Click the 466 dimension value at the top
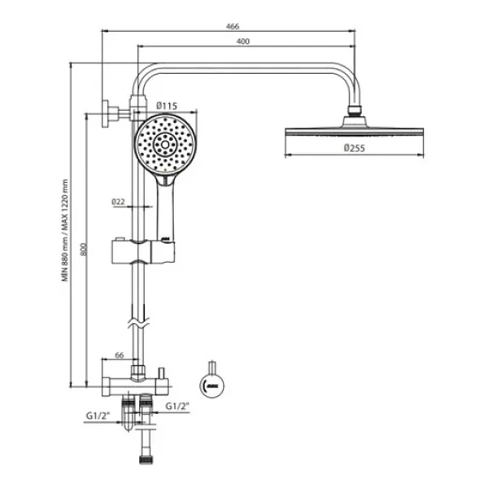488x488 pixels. coord(233,26)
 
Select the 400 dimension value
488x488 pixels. coord(243,41)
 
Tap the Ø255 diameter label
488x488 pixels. coord(354,148)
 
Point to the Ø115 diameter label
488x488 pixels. coord(167,106)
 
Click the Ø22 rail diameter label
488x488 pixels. coord(118,202)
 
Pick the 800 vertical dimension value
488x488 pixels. coord(83,250)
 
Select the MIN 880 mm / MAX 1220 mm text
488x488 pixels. coord(65,230)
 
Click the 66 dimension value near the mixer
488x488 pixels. coord(120,355)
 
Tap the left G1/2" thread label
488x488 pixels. coord(98,416)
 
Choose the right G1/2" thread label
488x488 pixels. coord(177,406)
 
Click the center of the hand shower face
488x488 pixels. coord(165,145)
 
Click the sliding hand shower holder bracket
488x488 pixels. coord(143,251)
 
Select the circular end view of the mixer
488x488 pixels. coord(212,386)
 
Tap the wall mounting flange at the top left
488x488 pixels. coord(106,114)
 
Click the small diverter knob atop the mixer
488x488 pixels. coord(161,373)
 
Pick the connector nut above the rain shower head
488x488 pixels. coord(354,111)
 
